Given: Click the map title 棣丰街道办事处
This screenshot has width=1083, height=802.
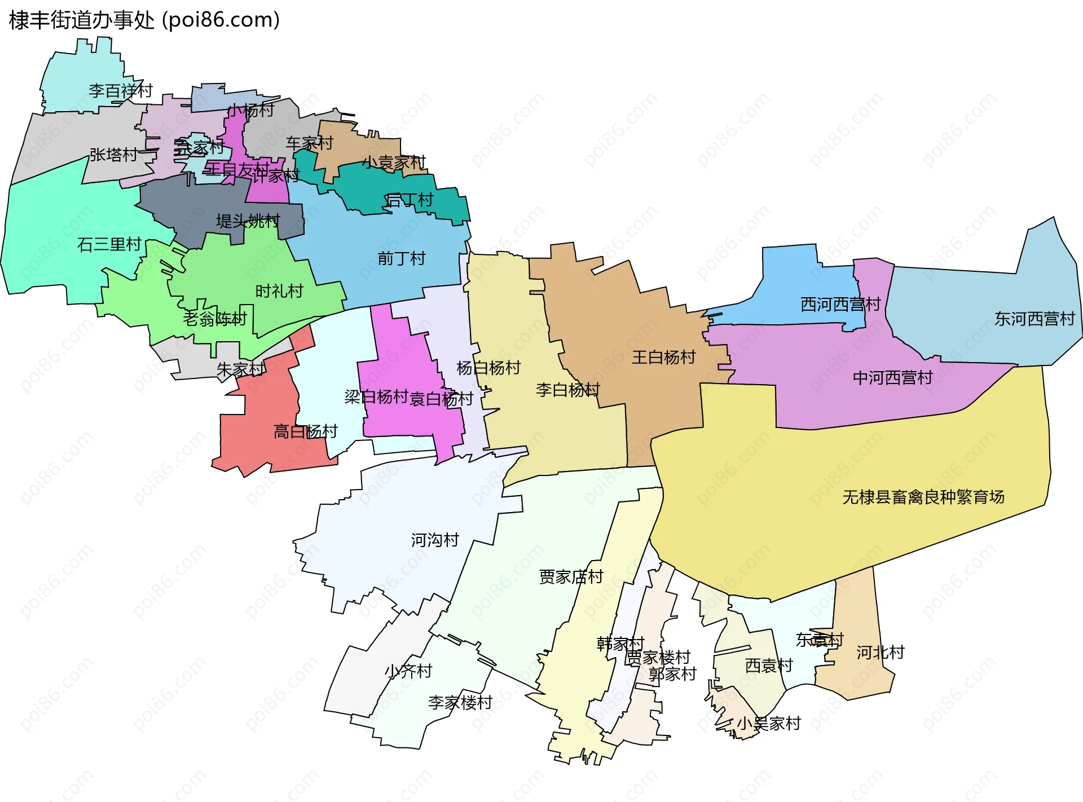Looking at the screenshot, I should (82, 20).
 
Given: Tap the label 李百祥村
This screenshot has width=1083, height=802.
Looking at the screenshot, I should (121, 91).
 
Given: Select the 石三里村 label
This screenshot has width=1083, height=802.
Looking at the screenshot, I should (109, 245).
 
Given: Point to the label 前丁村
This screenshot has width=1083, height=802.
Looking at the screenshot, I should (402, 259).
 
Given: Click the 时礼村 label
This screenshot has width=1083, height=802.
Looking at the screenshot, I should (279, 292).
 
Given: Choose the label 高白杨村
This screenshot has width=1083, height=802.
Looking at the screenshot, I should (305, 432).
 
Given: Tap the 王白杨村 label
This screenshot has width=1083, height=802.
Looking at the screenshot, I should (663, 358).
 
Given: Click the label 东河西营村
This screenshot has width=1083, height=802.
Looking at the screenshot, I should (1034, 319).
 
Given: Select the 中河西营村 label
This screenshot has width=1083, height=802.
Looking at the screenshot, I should (892, 378).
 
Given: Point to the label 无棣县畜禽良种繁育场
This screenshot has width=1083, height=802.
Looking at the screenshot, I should (923, 497).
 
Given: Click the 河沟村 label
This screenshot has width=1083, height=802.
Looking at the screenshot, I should (435, 540).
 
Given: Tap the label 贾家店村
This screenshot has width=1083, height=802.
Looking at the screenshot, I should (571, 577).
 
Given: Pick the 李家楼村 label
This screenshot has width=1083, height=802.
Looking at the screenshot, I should (460, 703).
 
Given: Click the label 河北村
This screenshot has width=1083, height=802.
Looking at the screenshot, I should (881, 653).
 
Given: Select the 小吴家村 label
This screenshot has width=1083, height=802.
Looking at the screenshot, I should (769, 724).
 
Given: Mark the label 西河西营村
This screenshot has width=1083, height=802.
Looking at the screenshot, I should (840, 305).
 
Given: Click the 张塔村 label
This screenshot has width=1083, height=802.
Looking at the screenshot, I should (113, 155).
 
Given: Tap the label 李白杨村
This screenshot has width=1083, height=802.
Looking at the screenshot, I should (567, 390).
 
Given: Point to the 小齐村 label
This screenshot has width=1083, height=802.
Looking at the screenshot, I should (408, 671).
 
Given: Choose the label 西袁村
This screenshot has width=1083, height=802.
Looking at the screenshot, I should (769, 666).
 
